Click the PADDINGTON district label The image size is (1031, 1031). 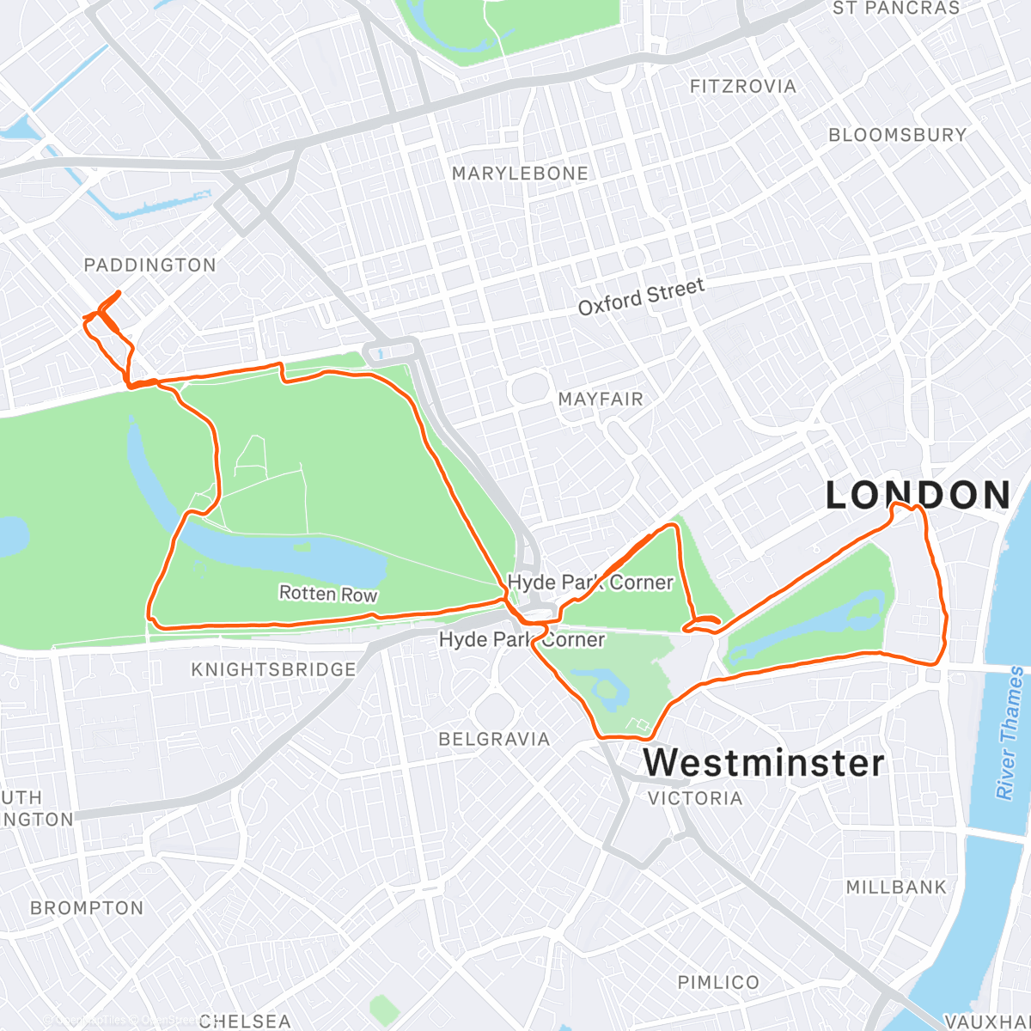point(149,265)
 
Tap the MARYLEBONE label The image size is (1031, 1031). point(520,174)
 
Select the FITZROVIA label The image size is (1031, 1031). point(743,87)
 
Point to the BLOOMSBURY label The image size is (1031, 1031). point(898,135)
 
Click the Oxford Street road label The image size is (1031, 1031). point(641,297)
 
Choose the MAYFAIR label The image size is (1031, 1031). point(601,400)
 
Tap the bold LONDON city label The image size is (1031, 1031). point(918,496)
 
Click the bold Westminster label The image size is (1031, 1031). point(764,763)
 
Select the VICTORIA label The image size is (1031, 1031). point(695,798)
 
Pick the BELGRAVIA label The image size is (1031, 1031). point(494,739)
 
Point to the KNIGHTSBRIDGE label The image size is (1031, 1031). point(273,669)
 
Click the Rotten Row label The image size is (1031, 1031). point(328,595)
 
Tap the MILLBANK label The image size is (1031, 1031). point(896,887)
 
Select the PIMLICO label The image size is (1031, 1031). point(718,982)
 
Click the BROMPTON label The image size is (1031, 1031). point(87,908)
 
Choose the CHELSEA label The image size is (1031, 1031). point(245,1021)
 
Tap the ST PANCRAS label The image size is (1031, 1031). point(896,9)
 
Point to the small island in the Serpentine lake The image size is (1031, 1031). point(302,546)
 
